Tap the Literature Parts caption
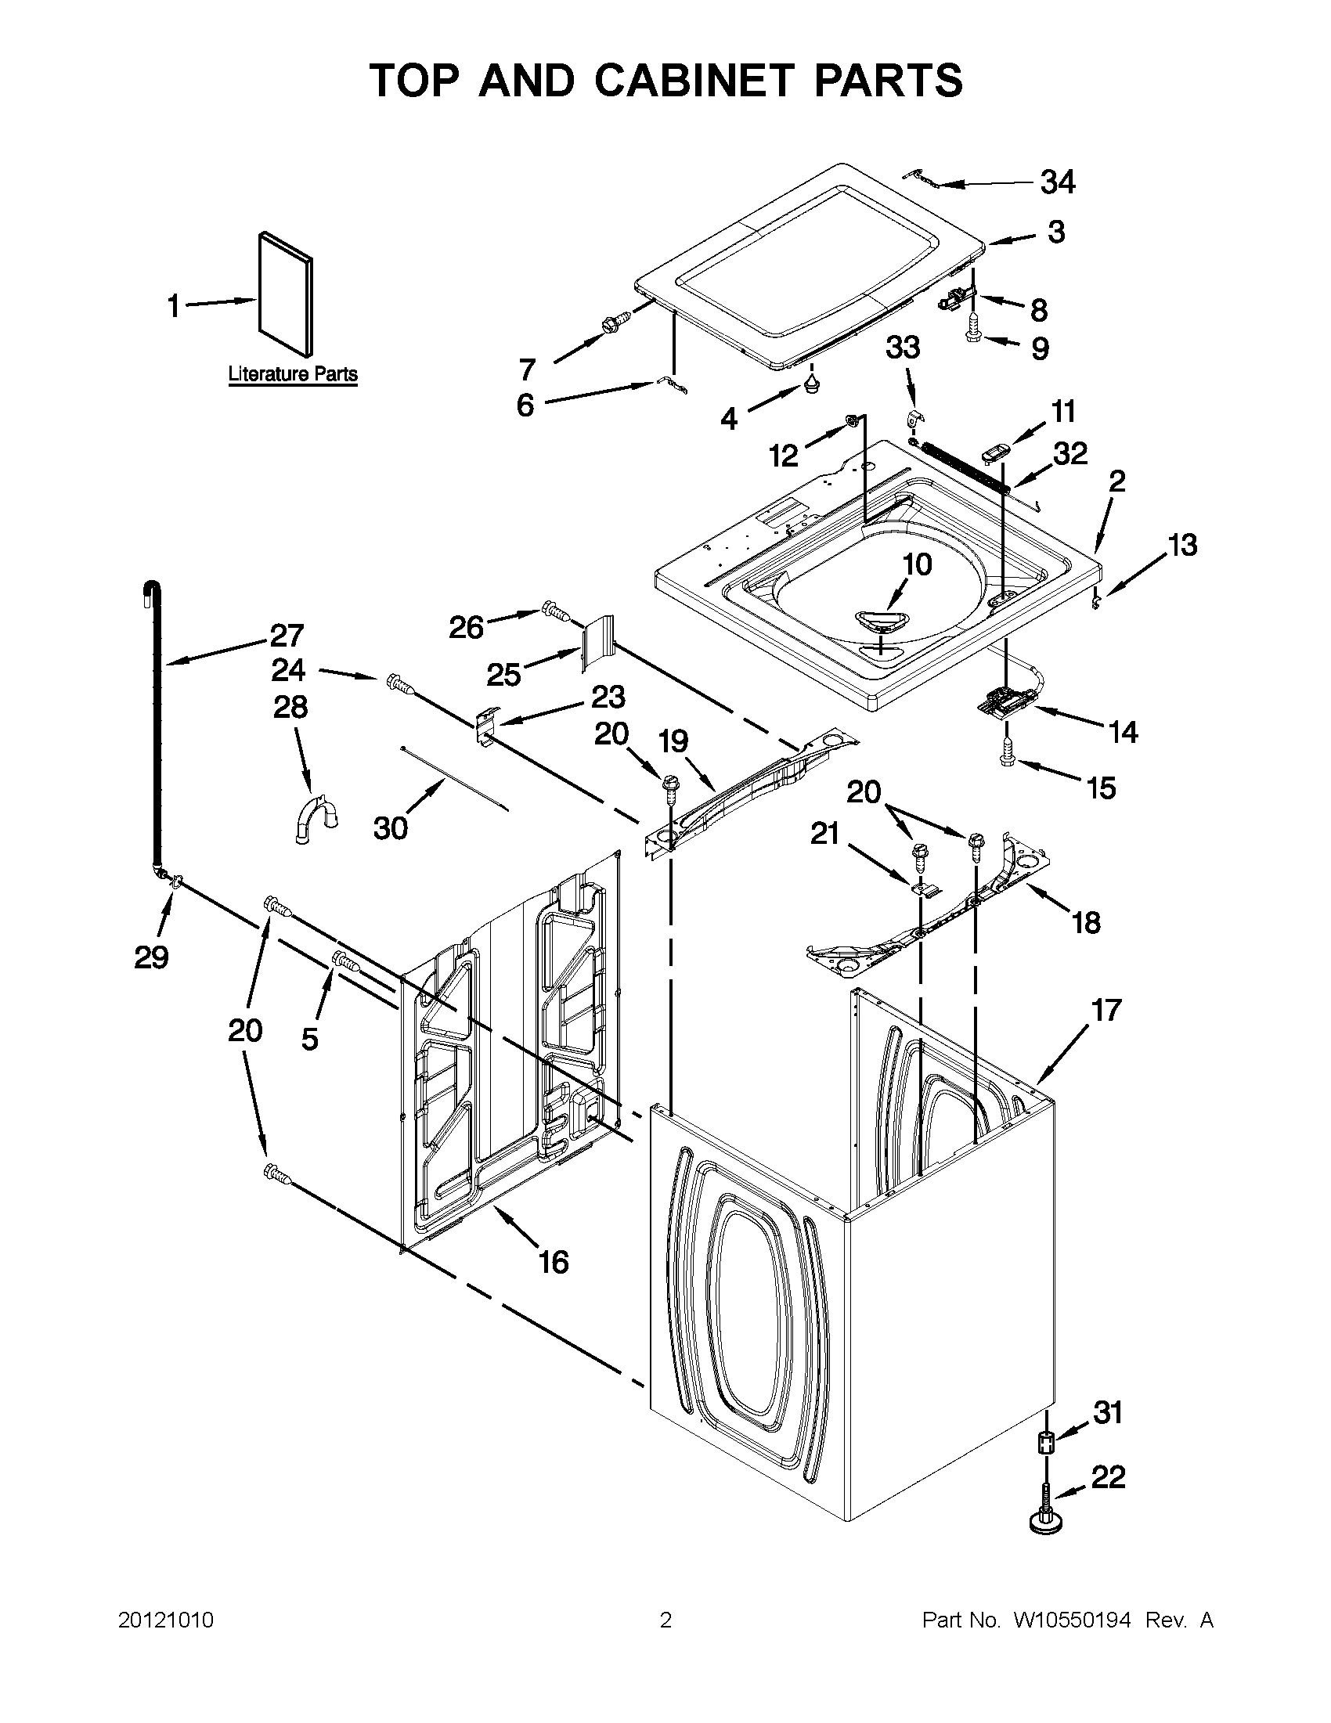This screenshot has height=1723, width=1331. click(x=293, y=373)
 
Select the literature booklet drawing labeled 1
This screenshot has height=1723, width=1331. click(x=285, y=294)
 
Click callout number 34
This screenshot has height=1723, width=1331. click(x=1058, y=182)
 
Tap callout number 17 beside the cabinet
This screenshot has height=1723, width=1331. click(x=1106, y=1010)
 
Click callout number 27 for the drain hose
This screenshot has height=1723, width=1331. click(x=287, y=635)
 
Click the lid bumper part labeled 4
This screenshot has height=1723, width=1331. click(x=812, y=385)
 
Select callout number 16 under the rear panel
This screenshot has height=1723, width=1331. click(x=553, y=1261)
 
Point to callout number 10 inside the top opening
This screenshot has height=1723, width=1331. click(x=917, y=564)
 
